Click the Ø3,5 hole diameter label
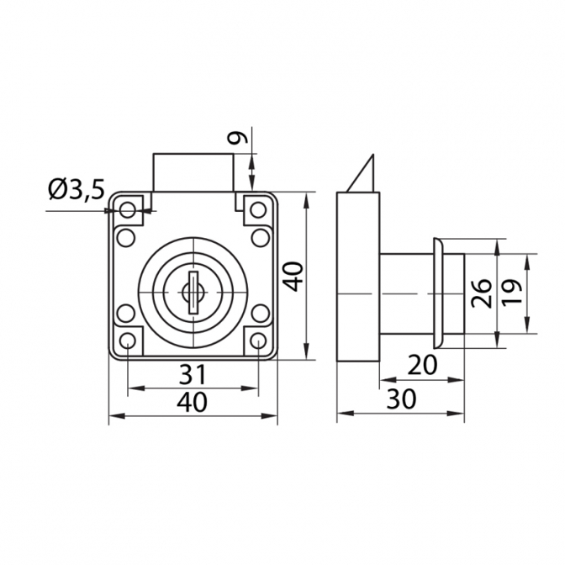pyautogui.click(x=76, y=189)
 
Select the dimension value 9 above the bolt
pyautogui.click(x=238, y=137)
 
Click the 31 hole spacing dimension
pyautogui.click(x=193, y=374)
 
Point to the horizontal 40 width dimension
pyautogui.click(x=192, y=402)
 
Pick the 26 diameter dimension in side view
pyautogui.click(x=482, y=293)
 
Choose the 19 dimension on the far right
pyautogui.click(x=512, y=293)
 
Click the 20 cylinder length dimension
pyautogui.click(x=422, y=365)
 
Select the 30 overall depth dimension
pyautogui.click(x=401, y=399)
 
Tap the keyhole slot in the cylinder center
pyautogui.click(x=193, y=293)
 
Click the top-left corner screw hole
pyautogui.click(x=127, y=209)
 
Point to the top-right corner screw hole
pyautogui.click(x=258, y=210)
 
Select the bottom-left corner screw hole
pyautogui.click(x=128, y=341)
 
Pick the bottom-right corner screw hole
pyautogui.click(x=258, y=341)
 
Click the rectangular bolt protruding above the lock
pyautogui.click(x=193, y=173)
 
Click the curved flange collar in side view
pyautogui.click(x=438, y=293)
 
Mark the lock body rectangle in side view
pyautogui.click(x=358, y=277)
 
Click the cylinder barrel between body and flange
pyautogui.click(x=406, y=293)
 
